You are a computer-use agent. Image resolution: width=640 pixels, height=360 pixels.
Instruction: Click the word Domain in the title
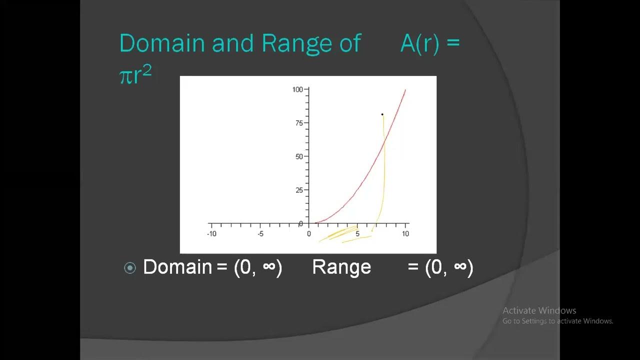point(162,43)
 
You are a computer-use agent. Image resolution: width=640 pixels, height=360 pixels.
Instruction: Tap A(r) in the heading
point(419,43)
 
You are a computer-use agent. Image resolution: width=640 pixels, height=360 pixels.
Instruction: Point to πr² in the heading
point(135,75)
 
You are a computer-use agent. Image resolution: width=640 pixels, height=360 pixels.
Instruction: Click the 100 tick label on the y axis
point(297,89)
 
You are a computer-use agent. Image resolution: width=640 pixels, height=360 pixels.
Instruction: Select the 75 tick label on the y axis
point(299,123)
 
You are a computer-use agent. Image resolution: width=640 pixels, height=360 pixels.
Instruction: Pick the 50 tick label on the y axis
point(299,156)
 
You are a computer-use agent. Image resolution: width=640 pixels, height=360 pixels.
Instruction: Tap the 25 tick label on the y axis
point(299,190)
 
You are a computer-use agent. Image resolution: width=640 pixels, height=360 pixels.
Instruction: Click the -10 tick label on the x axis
point(211,234)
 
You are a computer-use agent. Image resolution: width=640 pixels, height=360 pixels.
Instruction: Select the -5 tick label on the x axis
point(260,234)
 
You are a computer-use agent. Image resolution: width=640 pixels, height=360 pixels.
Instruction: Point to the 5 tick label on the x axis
point(357,234)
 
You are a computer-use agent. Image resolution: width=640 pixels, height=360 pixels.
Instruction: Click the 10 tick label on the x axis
point(405,234)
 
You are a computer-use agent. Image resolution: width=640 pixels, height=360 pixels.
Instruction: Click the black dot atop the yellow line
point(382,114)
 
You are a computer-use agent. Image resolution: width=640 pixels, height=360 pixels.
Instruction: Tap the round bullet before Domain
point(130,268)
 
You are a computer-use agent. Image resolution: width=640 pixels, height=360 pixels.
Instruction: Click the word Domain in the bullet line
point(177,267)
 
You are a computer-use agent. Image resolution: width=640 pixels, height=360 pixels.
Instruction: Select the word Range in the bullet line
point(341,267)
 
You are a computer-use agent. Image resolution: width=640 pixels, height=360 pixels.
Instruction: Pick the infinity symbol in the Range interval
point(460,267)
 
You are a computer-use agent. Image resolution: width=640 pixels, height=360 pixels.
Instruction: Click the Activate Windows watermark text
point(539,310)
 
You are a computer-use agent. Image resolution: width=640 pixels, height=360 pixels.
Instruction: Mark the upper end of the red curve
point(405,90)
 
